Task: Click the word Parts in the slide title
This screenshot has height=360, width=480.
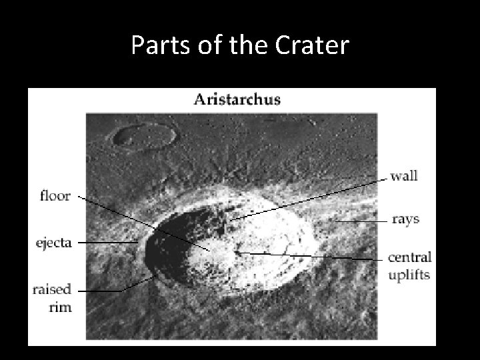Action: pyautogui.click(x=154, y=45)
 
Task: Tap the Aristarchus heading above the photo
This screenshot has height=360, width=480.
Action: pyautogui.click(x=237, y=100)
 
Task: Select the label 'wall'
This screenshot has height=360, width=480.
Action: pyautogui.click(x=404, y=176)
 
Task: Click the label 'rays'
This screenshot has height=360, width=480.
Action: pyautogui.click(x=405, y=219)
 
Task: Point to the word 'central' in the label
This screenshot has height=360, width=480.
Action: pyautogui.click(x=410, y=258)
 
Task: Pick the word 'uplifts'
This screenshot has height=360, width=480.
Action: pyautogui.click(x=410, y=274)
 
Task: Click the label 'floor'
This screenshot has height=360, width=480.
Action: pyautogui.click(x=56, y=197)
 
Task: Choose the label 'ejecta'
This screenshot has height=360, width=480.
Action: pyautogui.click(x=54, y=243)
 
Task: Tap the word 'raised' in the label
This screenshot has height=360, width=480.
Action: pyautogui.click(x=52, y=290)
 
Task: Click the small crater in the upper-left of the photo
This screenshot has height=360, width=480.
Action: pyautogui.click(x=144, y=136)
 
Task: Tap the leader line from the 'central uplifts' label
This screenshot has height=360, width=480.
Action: pyautogui.click(x=313, y=256)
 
